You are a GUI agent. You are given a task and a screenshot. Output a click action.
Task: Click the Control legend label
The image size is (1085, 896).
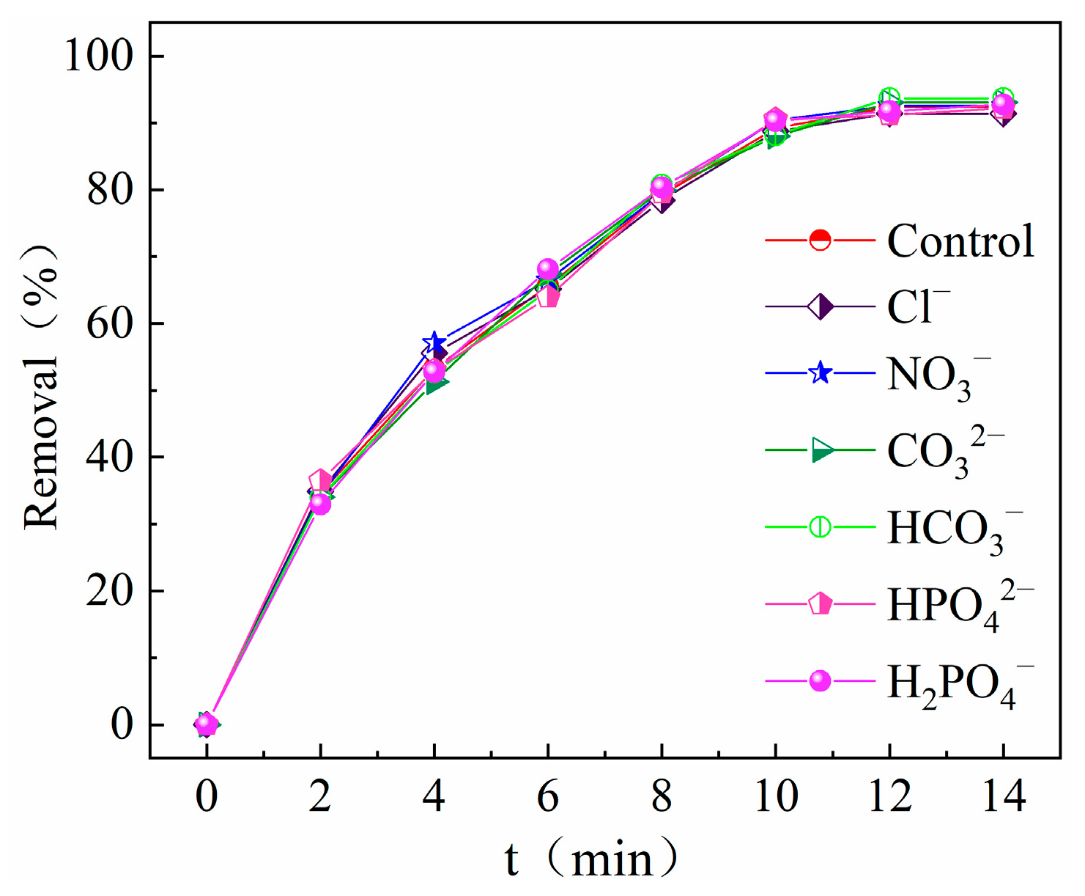point(960,241)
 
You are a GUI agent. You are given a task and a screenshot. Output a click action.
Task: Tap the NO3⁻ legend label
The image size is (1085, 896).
point(938,376)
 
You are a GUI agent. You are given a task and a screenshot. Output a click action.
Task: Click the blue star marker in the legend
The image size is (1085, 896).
point(821,373)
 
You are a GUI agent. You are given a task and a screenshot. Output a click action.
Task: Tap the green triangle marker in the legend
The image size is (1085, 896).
point(821,450)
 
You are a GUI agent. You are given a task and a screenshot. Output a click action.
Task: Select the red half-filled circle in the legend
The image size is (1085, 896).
point(821,240)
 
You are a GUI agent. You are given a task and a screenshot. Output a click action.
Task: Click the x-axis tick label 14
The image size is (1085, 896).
point(1003,796)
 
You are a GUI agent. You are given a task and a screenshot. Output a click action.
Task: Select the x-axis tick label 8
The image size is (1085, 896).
point(662,796)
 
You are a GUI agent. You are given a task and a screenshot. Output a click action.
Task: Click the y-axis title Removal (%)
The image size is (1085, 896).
point(41,389)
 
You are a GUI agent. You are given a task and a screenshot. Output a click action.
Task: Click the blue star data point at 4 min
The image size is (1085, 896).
point(434,342)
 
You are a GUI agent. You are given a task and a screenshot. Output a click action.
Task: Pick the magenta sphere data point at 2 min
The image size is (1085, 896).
point(320,504)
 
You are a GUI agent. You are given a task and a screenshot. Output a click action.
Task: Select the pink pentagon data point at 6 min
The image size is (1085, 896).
point(549,297)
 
